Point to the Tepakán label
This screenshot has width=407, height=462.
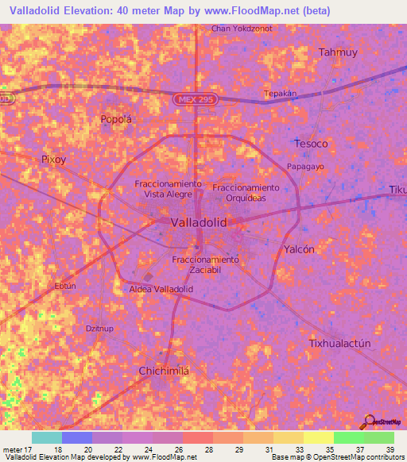pyautogui.click(x=280, y=93)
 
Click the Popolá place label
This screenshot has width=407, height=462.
pyautogui.click(x=115, y=120)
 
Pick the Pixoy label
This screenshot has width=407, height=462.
pyautogui.click(x=54, y=159)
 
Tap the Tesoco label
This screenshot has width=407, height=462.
pyautogui.click(x=311, y=144)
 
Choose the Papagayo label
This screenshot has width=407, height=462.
pyautogui.click(x=305, y=167)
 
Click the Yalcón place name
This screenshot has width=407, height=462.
pyautogui.click(x=300, y=249)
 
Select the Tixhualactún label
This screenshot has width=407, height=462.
pyautogui.click(x=339, y=343)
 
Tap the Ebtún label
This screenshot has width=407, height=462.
pyautogui.click(x=65, y=286)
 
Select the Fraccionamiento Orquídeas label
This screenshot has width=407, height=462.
pyautogui.click(x=246, y=192)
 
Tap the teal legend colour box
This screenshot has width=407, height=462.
pyautogui.click(x=47, y=437)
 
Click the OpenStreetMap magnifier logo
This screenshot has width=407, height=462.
pyautogui.click(x=369, y=422)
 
